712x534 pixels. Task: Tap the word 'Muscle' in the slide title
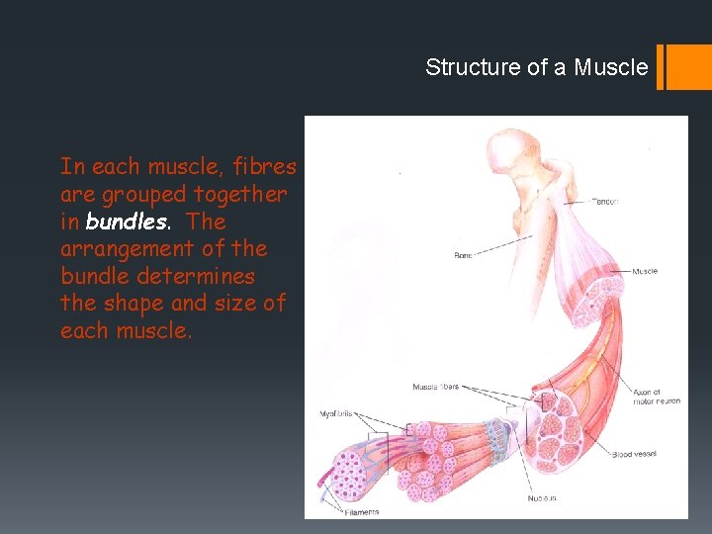[611, 67]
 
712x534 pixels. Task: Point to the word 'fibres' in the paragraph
[264, 167]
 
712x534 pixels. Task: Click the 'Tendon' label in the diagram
[604, 202]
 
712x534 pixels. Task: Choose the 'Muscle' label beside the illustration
[645, 271]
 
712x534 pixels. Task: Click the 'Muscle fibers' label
[435, 386]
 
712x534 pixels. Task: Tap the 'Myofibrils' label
[337, 413]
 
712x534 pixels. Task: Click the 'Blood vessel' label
[634, 455]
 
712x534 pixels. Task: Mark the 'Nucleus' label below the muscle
[541, 497]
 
